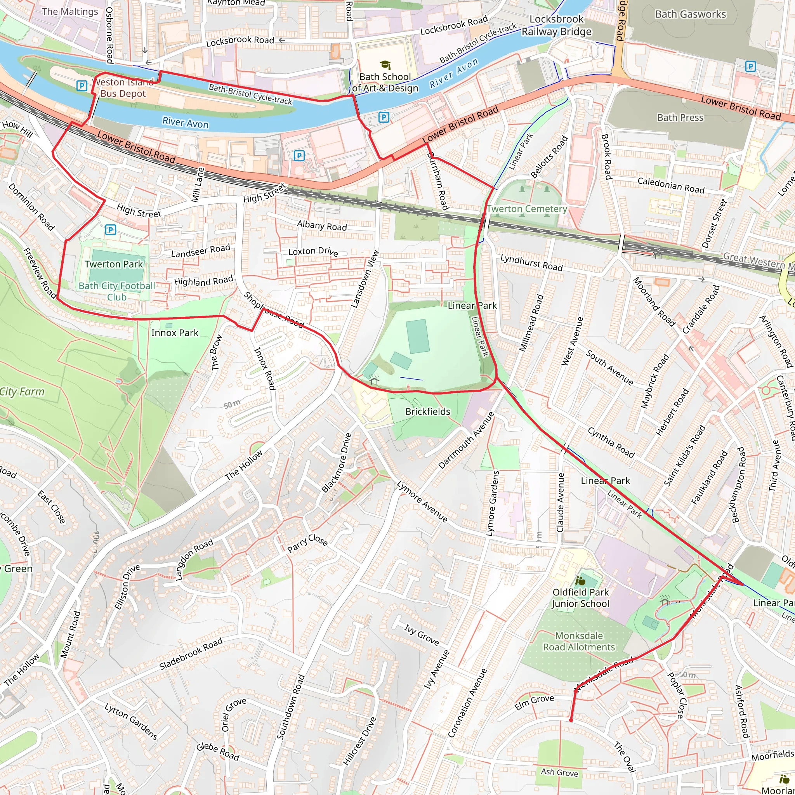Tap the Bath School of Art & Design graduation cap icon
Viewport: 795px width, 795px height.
pyautogui.click(x=385, y=64)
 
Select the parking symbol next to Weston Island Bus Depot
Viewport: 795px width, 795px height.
pyautogui.click(x=82, y=85)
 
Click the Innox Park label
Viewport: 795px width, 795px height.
pyautogui.click(x=175, y=333)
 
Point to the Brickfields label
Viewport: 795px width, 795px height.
pyautogui.click(x=427, y=411)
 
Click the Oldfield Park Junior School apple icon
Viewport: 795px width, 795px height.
pyautogui.click(x=580, y=581)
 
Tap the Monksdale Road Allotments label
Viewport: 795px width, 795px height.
pyautogui.click(x=579, y=642)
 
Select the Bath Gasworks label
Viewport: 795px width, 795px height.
pyautogui.click(x=691, y=14)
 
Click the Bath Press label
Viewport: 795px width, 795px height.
pyautogui.click(x=680, y=118)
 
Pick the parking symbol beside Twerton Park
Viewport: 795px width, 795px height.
pyautogui.click(x=110, y=230)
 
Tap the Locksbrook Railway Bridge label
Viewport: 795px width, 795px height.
pyautogui.click(x=556, y=26)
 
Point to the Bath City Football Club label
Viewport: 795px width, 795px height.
pyautogui.click(x=117, y=292)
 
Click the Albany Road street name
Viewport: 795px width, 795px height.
pyautogui.click(x=322, y=226)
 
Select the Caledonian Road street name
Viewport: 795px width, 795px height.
pyautogui.click(x=671, y=185)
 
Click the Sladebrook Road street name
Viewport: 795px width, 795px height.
pyautogui.click(x=191, y=653)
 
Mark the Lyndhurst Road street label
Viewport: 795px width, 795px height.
pyautogui.click(x=531, y=262)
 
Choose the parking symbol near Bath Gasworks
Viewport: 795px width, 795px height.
pyautogui.click(x=751, y=66)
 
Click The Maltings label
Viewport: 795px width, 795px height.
pyautogui.click(x=70, y=12)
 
